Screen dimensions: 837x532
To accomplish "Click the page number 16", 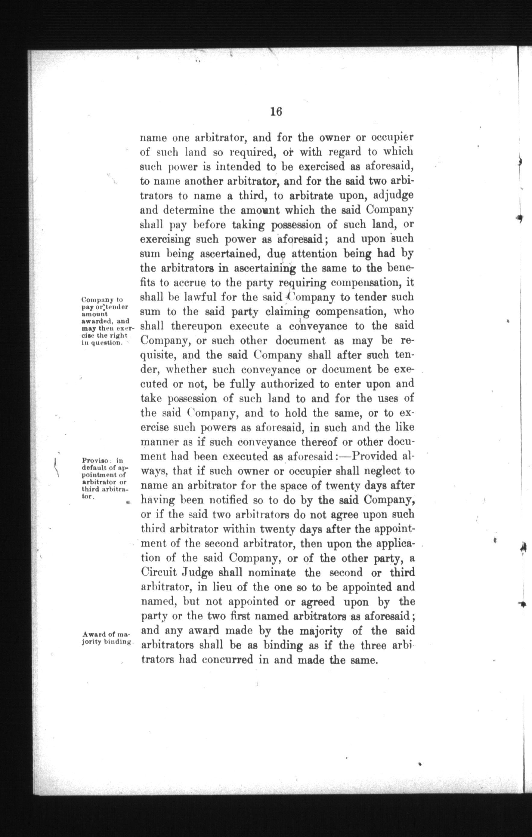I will pyautogui.click(x=276, y=112).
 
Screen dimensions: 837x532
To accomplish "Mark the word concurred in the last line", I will pyautogui.click(x=227, y=660).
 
